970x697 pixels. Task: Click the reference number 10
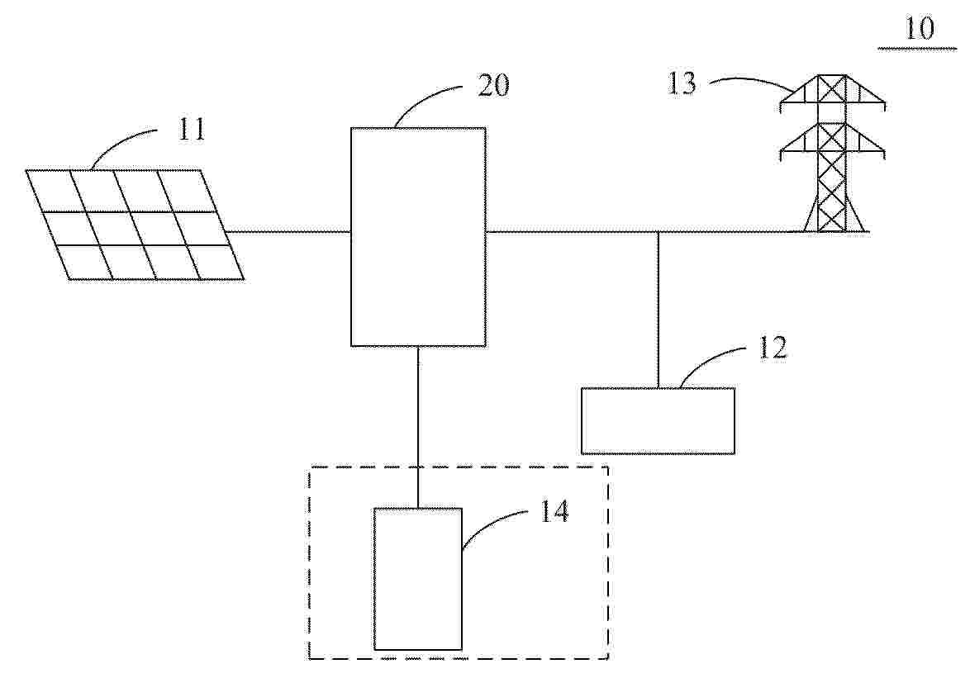point(920,28)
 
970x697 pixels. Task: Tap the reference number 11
point(192,130)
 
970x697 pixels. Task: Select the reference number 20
point(493,85)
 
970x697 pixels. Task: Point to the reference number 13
point(682,83)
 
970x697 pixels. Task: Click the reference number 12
point(773,348)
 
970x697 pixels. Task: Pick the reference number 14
point(554,511)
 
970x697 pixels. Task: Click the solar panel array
point(135,225)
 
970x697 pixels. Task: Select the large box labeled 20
point(418,237)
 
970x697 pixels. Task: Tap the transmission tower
point(832,154)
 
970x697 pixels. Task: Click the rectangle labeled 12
point(659,421)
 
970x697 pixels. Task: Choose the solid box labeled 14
point(418,579)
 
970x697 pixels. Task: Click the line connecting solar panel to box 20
point(288,232)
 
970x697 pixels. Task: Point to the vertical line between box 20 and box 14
point(418,427)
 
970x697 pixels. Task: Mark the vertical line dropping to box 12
point(659,310)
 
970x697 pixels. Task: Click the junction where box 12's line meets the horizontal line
point(659,232)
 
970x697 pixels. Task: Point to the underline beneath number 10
point(917,48)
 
